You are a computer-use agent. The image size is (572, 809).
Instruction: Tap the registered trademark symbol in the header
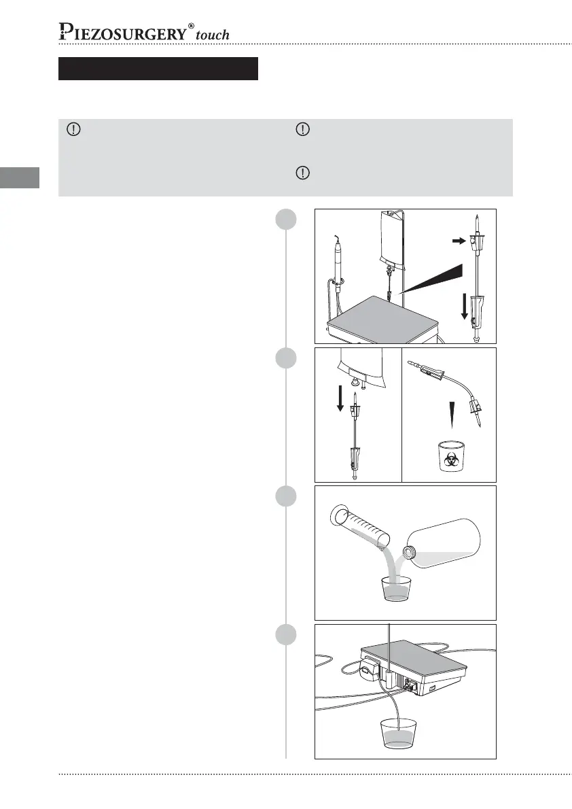click(x=192, y=25)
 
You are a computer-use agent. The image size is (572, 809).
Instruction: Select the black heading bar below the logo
click(x=158, y=69)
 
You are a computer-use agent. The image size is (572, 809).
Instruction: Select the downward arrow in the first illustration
click(x=465, y=307)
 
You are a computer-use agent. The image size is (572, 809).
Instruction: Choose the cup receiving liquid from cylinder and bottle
click(x=395, y=589)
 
